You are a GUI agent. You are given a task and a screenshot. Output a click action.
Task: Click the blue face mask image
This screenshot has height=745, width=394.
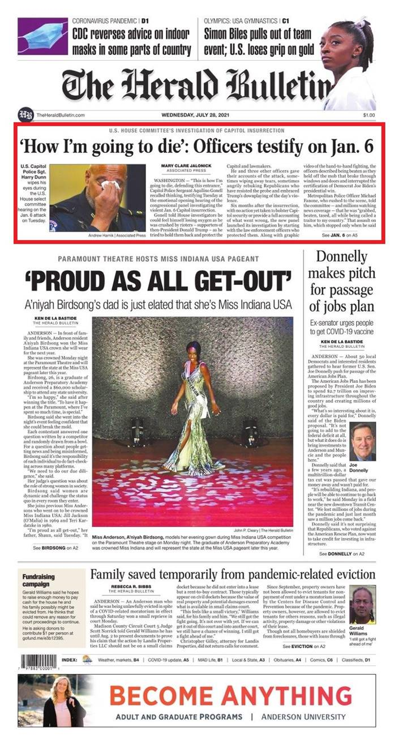click(x=42, y=35)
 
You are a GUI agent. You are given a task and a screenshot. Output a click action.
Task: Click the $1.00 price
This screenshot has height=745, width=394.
click(x=369, y=115)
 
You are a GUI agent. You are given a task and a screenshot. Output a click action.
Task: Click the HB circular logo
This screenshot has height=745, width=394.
click(x=25, y=114)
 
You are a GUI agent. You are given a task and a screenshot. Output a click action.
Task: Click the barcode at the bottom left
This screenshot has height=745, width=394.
click(x=39, y=661)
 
